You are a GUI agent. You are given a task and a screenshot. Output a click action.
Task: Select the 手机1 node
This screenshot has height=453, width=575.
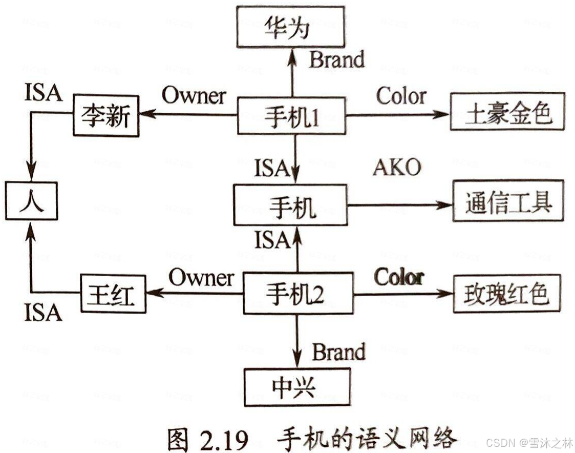[x=292, y=117]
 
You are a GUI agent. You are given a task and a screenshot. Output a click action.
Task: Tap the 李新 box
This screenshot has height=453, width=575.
[x=106, y=116]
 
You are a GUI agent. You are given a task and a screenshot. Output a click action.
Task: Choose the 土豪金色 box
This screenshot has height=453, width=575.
[x=507, y=112]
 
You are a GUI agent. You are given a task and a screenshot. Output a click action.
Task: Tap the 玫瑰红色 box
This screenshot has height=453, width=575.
[x=507, y=294]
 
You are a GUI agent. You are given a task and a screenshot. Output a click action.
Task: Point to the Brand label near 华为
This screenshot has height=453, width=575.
[x=337, y=59]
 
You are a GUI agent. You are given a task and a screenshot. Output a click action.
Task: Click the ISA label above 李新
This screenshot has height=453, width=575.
[x=43, y=93]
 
